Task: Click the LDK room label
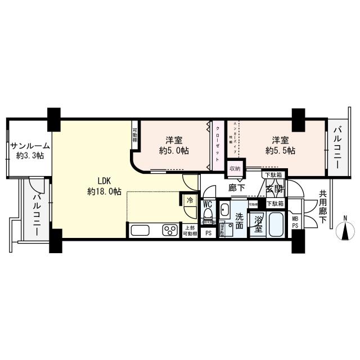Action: coord(104,181)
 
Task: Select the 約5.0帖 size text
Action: coord(173,150)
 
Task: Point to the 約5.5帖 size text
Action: coord(281,150)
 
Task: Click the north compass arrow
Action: coord(344,230)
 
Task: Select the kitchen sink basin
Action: coord(139,229)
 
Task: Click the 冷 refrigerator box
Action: coord(190,200)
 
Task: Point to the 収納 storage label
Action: coord(235,168)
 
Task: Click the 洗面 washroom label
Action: coord(239,220)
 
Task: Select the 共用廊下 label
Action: coord(322,206)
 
